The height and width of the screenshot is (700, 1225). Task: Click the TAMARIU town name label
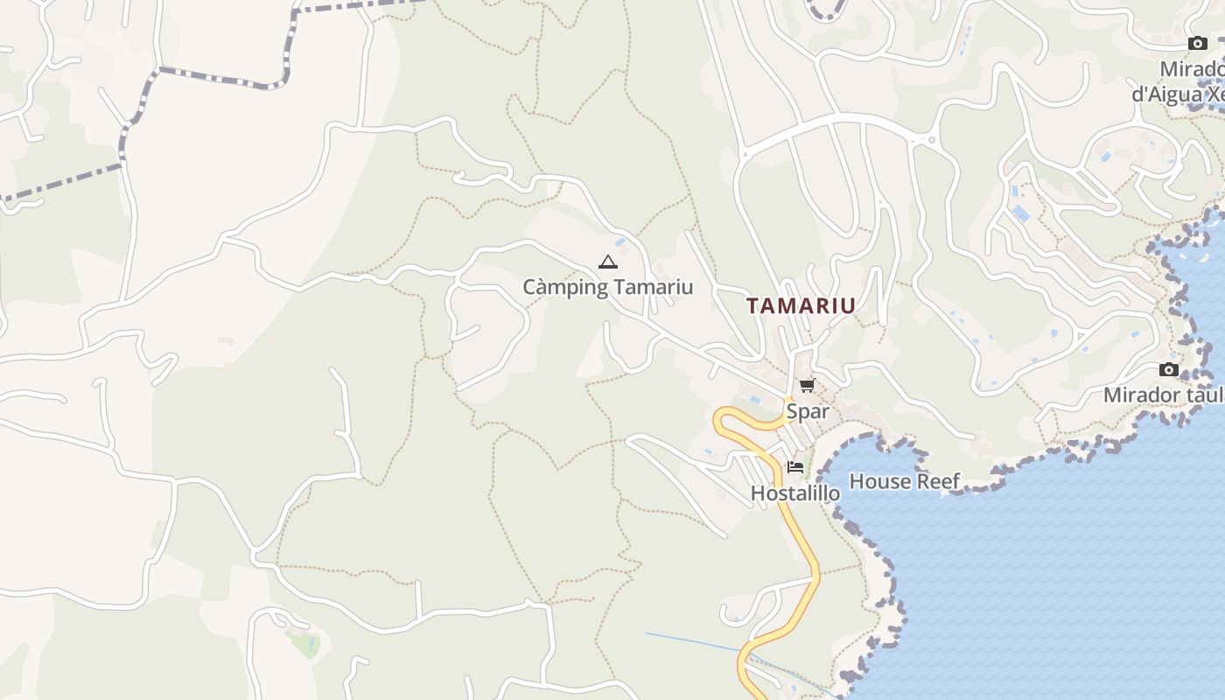[801, 305]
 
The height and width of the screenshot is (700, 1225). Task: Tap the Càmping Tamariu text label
[607, 287]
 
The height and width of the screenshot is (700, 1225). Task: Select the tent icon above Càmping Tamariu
[607, 262]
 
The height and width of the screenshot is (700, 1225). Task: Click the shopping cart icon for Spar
[807, 385]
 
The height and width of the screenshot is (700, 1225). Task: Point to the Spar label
[807, 411]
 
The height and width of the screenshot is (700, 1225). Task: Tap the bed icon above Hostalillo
[794, 467]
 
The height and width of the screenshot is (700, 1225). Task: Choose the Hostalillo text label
[794, 493]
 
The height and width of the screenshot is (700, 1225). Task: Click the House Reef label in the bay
[904, 481]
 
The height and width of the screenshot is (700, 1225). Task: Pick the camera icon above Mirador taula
[1168, 369]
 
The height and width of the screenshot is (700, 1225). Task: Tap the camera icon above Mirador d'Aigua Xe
[1197, 43]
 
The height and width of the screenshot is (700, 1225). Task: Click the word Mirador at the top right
[1192, 69]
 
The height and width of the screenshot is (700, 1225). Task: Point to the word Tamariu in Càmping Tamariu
[654, 287]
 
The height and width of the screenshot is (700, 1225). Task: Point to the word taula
[1204, 395]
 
